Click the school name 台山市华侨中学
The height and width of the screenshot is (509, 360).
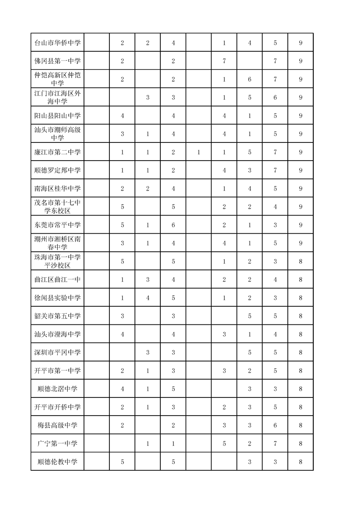point(58,43)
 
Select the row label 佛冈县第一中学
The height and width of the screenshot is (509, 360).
point(58,61)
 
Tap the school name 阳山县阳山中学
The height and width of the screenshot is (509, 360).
point(58,116)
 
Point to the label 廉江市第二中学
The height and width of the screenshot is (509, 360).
point(58,152)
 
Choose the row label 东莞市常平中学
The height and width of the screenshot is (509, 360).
point(58,225)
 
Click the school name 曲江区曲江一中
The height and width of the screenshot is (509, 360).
point(58,280)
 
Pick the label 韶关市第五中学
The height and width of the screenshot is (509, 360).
point(58,316)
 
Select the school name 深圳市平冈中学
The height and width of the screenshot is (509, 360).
point(58,352)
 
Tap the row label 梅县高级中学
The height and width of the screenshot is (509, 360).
point(58,425)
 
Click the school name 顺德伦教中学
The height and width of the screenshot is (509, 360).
point(58,462)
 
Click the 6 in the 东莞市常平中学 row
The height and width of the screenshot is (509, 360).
point(173,225)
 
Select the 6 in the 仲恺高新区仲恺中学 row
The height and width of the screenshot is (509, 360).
point(250,79)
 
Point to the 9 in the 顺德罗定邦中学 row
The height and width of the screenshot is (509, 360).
point(301,171)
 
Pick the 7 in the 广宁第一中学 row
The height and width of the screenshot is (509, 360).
point(275,444)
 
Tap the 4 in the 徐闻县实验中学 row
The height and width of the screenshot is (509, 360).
point(148,298)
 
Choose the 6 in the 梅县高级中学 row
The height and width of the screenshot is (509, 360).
point(275,425)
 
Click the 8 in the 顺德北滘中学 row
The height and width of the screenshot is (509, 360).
point(301,389)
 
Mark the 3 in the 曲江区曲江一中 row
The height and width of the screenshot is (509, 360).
point(148,280)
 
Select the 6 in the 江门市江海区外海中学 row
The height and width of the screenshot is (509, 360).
point(275,98)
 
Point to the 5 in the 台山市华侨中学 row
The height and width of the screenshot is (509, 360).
point(275,43)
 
